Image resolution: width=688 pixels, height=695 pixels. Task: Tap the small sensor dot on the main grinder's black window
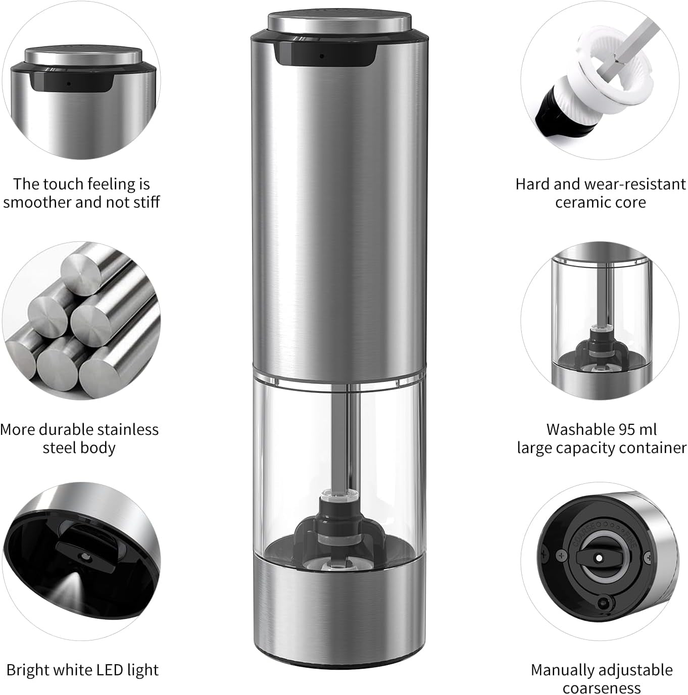pos(321,56)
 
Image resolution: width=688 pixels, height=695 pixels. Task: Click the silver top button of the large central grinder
pos(339,22)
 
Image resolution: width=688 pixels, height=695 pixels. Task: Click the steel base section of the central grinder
pos(339,610)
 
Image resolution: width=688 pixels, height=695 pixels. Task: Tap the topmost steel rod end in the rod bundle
pos(81,271)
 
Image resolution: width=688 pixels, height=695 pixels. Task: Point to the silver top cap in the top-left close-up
pos(83,56)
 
